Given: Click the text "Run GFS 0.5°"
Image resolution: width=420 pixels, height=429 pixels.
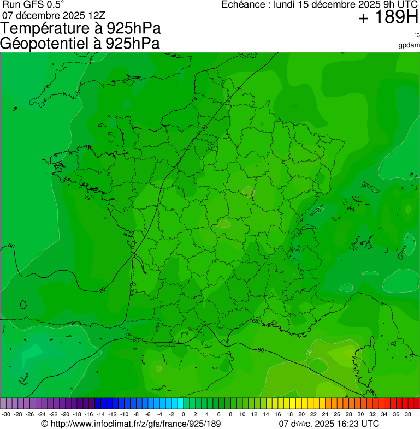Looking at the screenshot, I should [x=33, y=5].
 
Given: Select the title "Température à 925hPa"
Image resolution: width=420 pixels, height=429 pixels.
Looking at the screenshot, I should [x=81, y=29].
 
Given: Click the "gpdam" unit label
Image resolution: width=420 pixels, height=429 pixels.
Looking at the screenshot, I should [x=410, y=45].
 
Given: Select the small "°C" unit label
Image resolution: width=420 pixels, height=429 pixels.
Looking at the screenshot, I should [x=417, y=35].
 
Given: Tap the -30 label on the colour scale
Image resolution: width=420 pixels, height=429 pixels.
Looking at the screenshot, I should [x=7, y=414].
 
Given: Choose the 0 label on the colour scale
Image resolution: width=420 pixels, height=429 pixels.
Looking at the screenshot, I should [x=183, y=414].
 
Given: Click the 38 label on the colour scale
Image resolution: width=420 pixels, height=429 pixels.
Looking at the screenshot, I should [x=408, y=414].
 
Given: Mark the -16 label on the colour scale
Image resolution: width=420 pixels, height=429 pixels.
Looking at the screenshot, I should [x=89, y=414].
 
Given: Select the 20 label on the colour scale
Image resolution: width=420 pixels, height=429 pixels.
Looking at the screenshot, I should [x=301, y=414].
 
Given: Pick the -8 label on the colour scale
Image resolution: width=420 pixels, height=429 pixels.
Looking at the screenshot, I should [x=136, y=414].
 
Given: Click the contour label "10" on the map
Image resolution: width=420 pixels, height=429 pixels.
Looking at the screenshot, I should [x=309, y=352].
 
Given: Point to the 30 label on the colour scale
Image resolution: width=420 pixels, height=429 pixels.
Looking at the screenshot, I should [x=360, y=414].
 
